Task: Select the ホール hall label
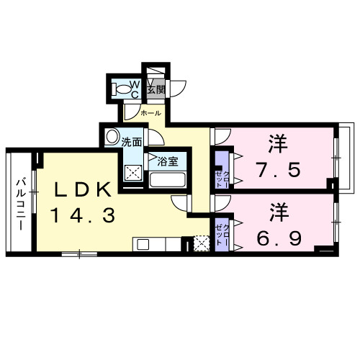[x=150, y=113]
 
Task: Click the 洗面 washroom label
[x=132, y=142]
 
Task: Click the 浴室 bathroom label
[x=168, y=161]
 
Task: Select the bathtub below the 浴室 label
[x=168, y=180]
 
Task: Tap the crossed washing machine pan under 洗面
[x=133, y=173]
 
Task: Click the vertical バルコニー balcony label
[x=22, y=202]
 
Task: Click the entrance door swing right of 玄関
[x=178, y=87]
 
